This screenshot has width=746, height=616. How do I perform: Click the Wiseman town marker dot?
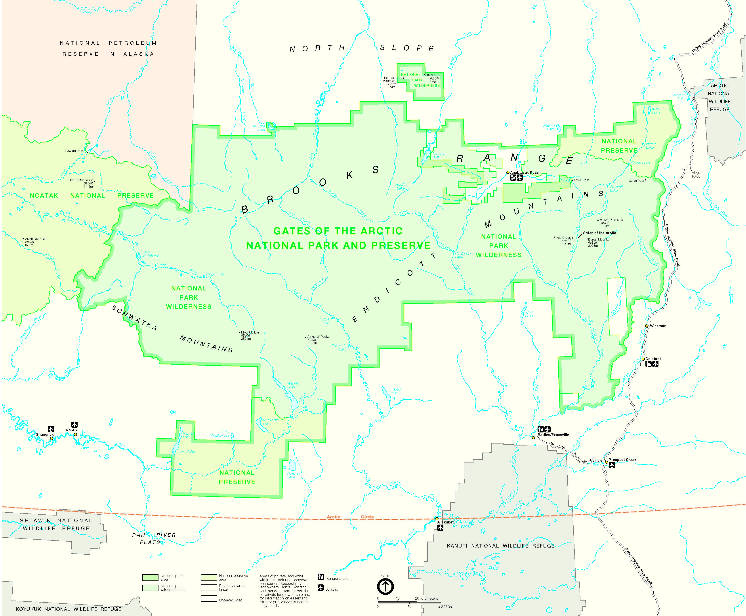pyautogui.click(x=647, y=326)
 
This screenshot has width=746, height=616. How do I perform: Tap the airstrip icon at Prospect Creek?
pyautogui.click(x=611, y=465)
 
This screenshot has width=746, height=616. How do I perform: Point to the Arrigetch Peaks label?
pyautogui.click(x=318, y=336)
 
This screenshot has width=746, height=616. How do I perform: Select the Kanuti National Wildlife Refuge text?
pyautogui.click(x=500, y=546)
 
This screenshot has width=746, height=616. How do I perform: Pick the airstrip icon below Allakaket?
pyautogui.click(x=440, y=528)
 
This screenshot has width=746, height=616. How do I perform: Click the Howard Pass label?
pyautogui.click(x=74, y=151)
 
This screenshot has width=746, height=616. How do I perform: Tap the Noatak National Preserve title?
pyautogui.click(x=92, y=195)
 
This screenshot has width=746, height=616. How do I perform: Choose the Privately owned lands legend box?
pyautogui.click(x=209, y=588)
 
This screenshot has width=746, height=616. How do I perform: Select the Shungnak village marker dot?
pyautogui.click(x=52, y=438)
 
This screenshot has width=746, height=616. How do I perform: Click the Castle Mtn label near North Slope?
pyautogui.click(x=431, y=74)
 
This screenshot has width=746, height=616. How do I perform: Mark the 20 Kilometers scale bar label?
pyautogui.click(x=426, y=598)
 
